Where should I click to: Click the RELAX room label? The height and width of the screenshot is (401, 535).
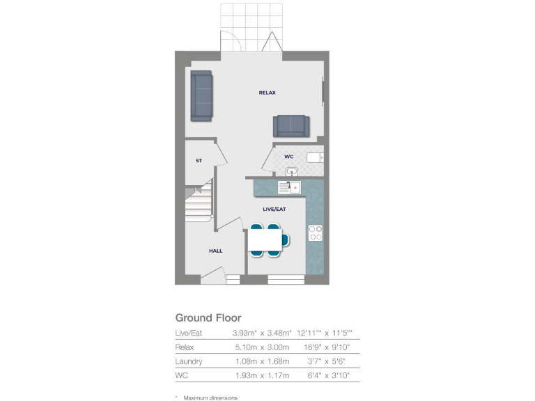[x=267, y=93]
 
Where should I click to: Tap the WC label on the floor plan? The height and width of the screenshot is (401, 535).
[x=289, y=157]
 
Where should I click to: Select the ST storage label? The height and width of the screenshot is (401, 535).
[x=199, y=161]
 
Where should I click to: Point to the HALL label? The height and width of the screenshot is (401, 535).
[x=216, y=251]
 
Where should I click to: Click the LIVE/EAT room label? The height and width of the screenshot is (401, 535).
[x=274, y=209]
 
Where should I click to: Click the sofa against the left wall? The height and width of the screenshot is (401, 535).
[x=201, y=95]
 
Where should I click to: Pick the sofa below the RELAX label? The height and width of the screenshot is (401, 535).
[x=291, y=125]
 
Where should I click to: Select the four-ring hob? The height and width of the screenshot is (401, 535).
[x=315, y=233]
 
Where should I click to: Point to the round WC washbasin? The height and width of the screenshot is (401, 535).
[x=290, y=171]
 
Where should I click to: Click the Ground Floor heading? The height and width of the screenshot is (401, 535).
[x=208, y=318]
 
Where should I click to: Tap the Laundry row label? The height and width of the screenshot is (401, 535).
[x=189, y=361]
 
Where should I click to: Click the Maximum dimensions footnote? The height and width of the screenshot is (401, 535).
[x=210, y=398]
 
